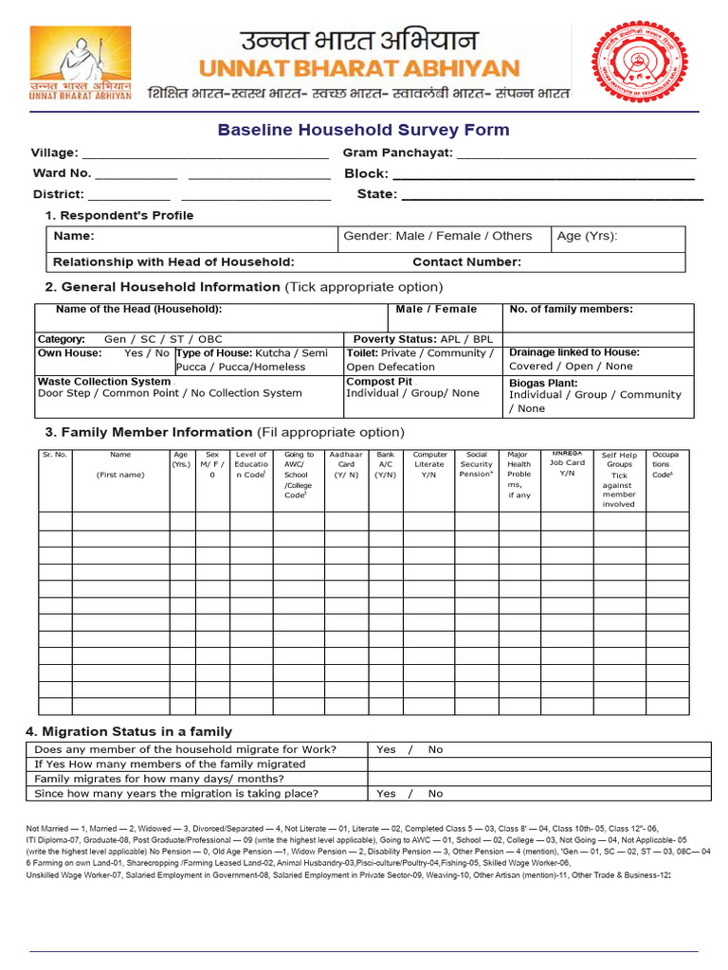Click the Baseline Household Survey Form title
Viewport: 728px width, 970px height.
pyautogui.click(x=363, y=130)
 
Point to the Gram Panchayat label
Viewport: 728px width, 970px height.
pyautogui.click(x=397, y=153)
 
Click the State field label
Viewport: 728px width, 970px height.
pyautogui.click(x=376, y=194)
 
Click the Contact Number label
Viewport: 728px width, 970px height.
pyautogui.click(x=466, y=262)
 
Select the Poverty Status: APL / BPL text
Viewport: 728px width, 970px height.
pyautogui.click(x=423, y=338)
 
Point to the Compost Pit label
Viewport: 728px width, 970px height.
pyautogui.click(x=379, y=381)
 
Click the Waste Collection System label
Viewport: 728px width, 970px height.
pyautogui.click(x=104, y=381)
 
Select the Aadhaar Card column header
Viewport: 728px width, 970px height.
pyautogui.click(x=346, y=465)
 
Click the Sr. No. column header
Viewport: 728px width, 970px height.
pyautogui.click(x=55, y=455)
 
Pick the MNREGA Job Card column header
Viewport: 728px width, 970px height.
pyautogui.click(x=568, y=463)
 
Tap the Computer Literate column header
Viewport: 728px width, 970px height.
pyautogui.click(x=429, y=465)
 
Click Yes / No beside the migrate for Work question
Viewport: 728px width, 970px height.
pyautogui.click(x=409, y=749)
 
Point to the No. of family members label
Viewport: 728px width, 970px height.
pyautogui.click(x=571, y=309)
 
